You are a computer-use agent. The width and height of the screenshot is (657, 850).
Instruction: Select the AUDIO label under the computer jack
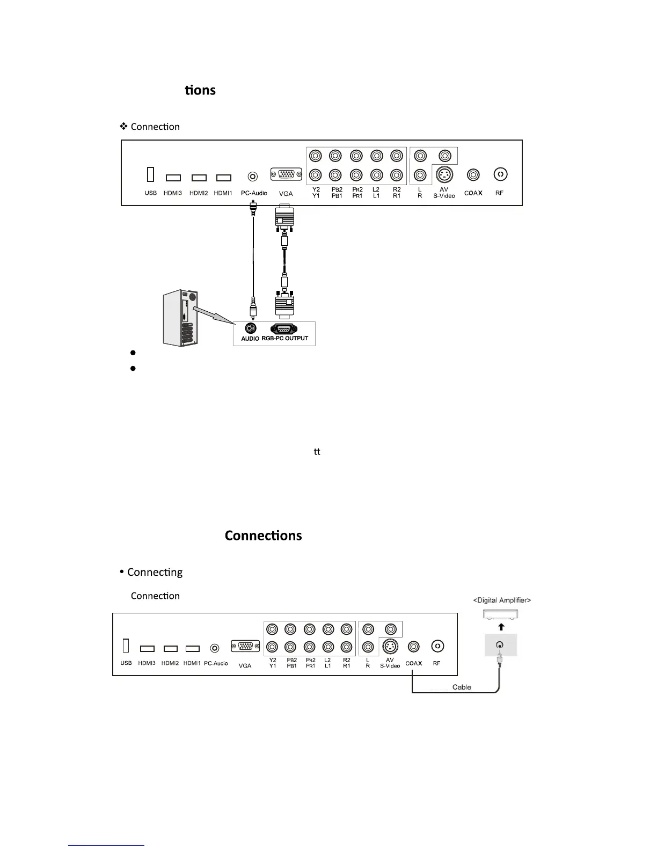(x=250, y=339)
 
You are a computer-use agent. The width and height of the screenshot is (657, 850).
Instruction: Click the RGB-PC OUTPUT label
(x=285, y=339)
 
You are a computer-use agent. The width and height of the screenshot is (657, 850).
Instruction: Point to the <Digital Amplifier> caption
(x=502, y=600)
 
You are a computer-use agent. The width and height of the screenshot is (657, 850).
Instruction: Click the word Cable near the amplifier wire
(x=462, y=687)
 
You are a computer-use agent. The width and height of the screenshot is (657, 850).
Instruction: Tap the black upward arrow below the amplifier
(x=501, y=626)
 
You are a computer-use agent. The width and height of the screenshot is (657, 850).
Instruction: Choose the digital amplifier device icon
(x=501, y=614)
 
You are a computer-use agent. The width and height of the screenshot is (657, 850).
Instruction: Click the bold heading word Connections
(x=263, y=536)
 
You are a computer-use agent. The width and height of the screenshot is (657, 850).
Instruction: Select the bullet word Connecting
(x=155, y=572)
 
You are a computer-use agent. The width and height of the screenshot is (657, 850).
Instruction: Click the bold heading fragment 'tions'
(x=200, y=90)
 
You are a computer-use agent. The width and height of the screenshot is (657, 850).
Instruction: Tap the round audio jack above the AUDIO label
(x=250, y=327)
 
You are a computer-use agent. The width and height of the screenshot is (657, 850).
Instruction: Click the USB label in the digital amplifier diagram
(x=126, y=663)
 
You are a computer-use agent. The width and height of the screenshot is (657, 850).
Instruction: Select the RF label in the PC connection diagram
(x=500, y=193)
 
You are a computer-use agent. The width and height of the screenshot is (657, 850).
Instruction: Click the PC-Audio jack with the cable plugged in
(x=252, y=176)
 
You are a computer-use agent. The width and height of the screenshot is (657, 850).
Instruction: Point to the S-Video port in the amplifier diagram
(x=390, y=647)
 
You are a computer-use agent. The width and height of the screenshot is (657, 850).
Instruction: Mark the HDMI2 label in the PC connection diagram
(x=199, y=193)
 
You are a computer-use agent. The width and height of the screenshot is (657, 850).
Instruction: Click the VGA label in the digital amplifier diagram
(x=245, y=666)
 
